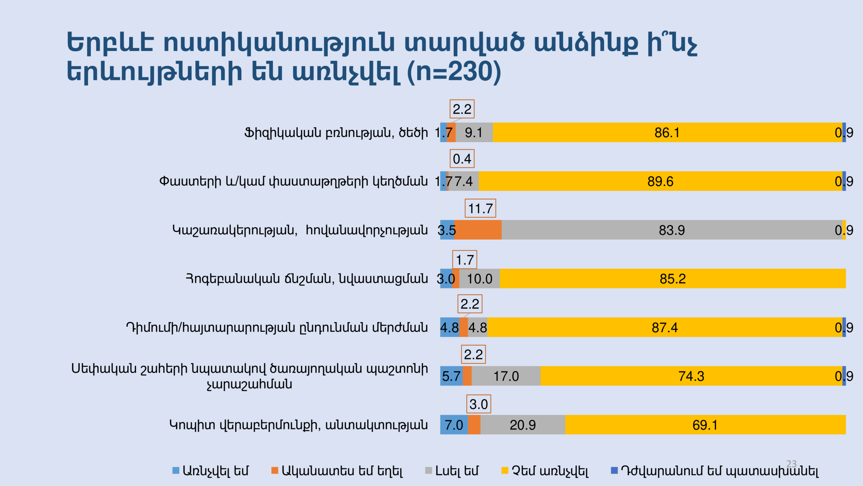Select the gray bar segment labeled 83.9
tap(672, 230)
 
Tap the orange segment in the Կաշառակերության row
tap(478, 230)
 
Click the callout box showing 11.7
tap(480, 209)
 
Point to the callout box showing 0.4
tap(462, 159)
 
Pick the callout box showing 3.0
tap(478, 404)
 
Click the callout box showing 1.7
tap(465, 260)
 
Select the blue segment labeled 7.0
tap(454, 425)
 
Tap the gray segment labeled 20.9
tap(523, 425)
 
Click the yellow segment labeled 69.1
tap(705, 425)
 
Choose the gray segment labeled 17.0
tap(506, 376)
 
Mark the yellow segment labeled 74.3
tap(691, 376)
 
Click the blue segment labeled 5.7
tap(451, 376)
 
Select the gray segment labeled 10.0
tap(479, 279)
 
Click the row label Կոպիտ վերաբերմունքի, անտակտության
tap(298, 425)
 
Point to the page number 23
tap(791, 464)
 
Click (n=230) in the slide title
tap(454, 72)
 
